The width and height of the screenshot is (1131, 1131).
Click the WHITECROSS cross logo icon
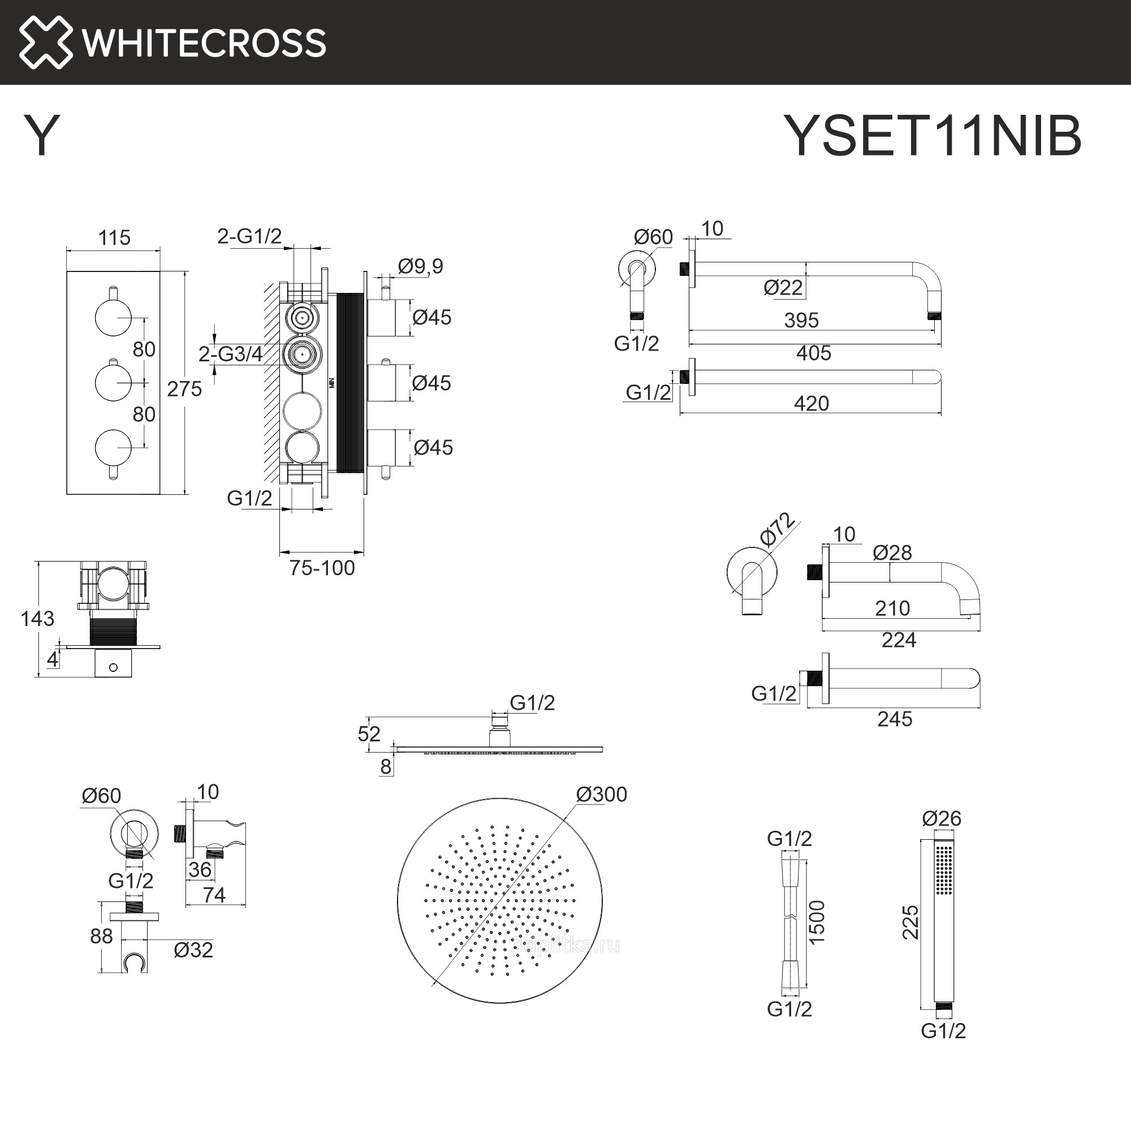pos(46,42)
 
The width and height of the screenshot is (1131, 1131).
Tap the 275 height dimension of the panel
pos(184,388)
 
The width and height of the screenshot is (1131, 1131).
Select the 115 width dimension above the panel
pos(114,238)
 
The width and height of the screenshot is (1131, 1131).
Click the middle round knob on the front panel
pos(113,382)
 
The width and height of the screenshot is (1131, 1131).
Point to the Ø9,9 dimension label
pos(420,266)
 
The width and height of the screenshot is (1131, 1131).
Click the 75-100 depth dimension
pos(322,568)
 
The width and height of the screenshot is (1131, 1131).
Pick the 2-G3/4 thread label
pos(231,354)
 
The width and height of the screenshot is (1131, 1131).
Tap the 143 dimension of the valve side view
pos(37,619)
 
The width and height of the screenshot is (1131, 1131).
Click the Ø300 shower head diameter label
pos(601,795)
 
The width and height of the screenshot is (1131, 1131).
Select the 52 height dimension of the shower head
pos(369,734)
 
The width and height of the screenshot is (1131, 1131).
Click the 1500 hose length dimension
pos(817,921)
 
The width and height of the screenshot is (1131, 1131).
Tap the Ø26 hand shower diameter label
pos(942,818)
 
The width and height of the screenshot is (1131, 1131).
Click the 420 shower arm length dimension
pos(811,403)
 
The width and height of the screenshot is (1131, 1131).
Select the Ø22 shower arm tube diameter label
pos(783,287)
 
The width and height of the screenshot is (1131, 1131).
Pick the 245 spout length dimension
pos(895,719)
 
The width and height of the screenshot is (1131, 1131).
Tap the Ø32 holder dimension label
pos(193,950)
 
